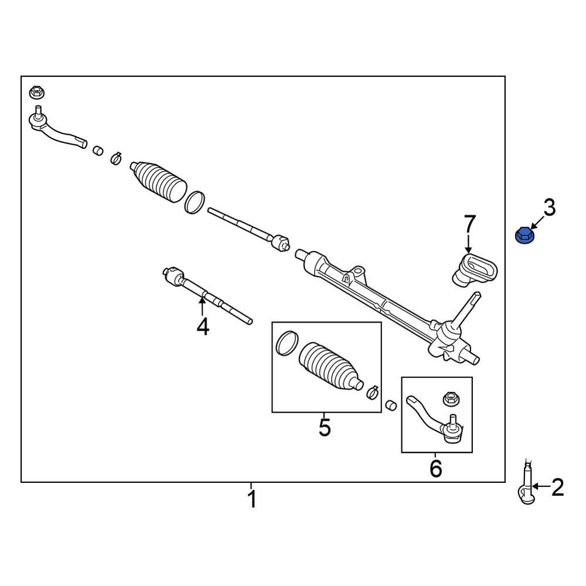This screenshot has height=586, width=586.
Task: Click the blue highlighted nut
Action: [x=523, y=236]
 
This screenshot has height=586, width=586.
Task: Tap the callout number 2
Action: [x=556, y=487]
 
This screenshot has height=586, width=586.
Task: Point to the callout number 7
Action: [x=470, y=224]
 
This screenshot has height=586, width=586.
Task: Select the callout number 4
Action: [x=202, y=326]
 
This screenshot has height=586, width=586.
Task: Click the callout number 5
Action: [x=325, y=427]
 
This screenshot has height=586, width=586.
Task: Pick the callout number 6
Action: [x=435, y=468]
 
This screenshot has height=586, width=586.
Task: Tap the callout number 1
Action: [x=251, y=500]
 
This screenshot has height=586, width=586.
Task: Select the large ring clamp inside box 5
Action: [x=286, y=343]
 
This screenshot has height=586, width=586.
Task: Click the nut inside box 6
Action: [x=450, y=398]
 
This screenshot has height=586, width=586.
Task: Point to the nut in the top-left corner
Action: [x=37, y=93]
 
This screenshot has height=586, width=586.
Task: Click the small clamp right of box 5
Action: [x=372, y=392]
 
